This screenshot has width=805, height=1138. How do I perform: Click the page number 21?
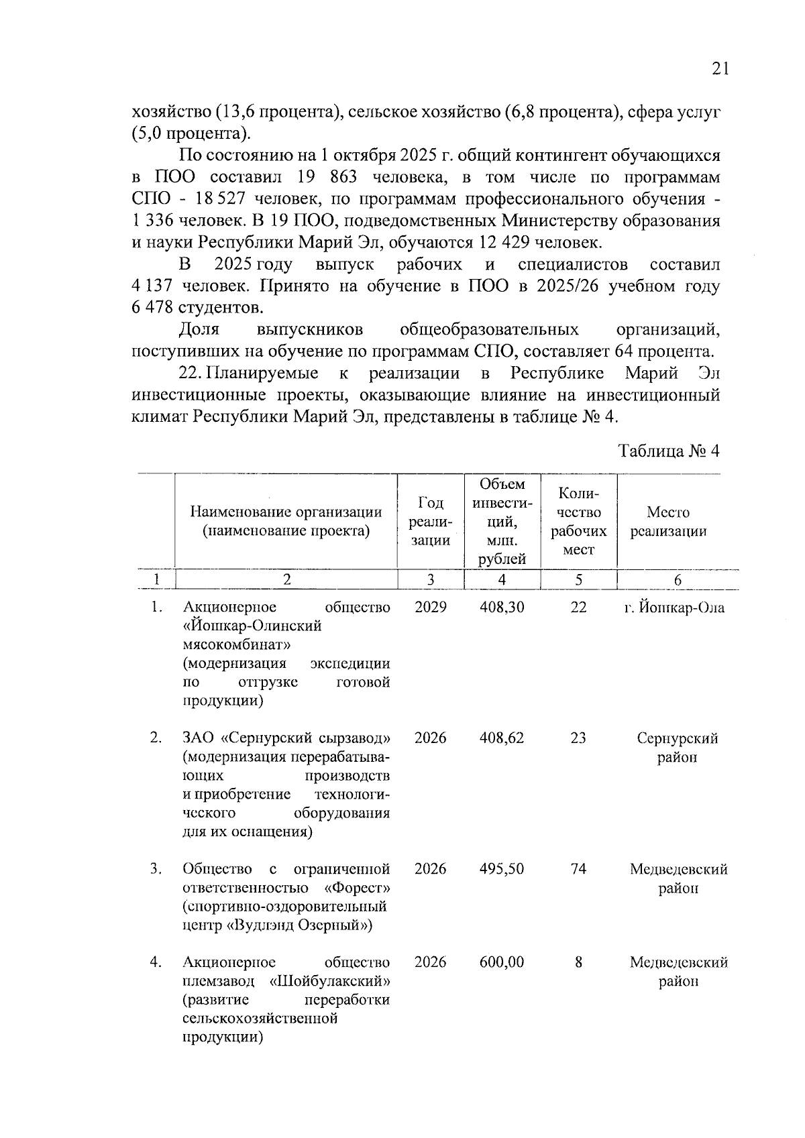719,69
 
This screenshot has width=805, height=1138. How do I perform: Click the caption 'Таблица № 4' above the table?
669,451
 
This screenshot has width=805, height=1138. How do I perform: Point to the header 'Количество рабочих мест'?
578,521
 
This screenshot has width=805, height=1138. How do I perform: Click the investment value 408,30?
502,607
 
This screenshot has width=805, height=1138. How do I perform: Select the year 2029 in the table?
430,607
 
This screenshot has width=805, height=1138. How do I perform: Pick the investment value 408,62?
502,738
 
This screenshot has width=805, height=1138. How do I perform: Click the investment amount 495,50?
502,868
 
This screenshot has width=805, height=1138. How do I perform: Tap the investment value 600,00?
502,962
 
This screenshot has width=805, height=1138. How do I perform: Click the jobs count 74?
578,868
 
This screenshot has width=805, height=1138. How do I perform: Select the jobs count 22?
578,607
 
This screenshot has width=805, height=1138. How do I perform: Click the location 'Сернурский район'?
677,747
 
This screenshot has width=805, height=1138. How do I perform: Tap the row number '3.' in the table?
156,868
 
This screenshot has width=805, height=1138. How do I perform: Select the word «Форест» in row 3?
357,888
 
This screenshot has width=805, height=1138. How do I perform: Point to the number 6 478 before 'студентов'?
152,308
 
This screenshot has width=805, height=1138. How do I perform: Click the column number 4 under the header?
502,580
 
